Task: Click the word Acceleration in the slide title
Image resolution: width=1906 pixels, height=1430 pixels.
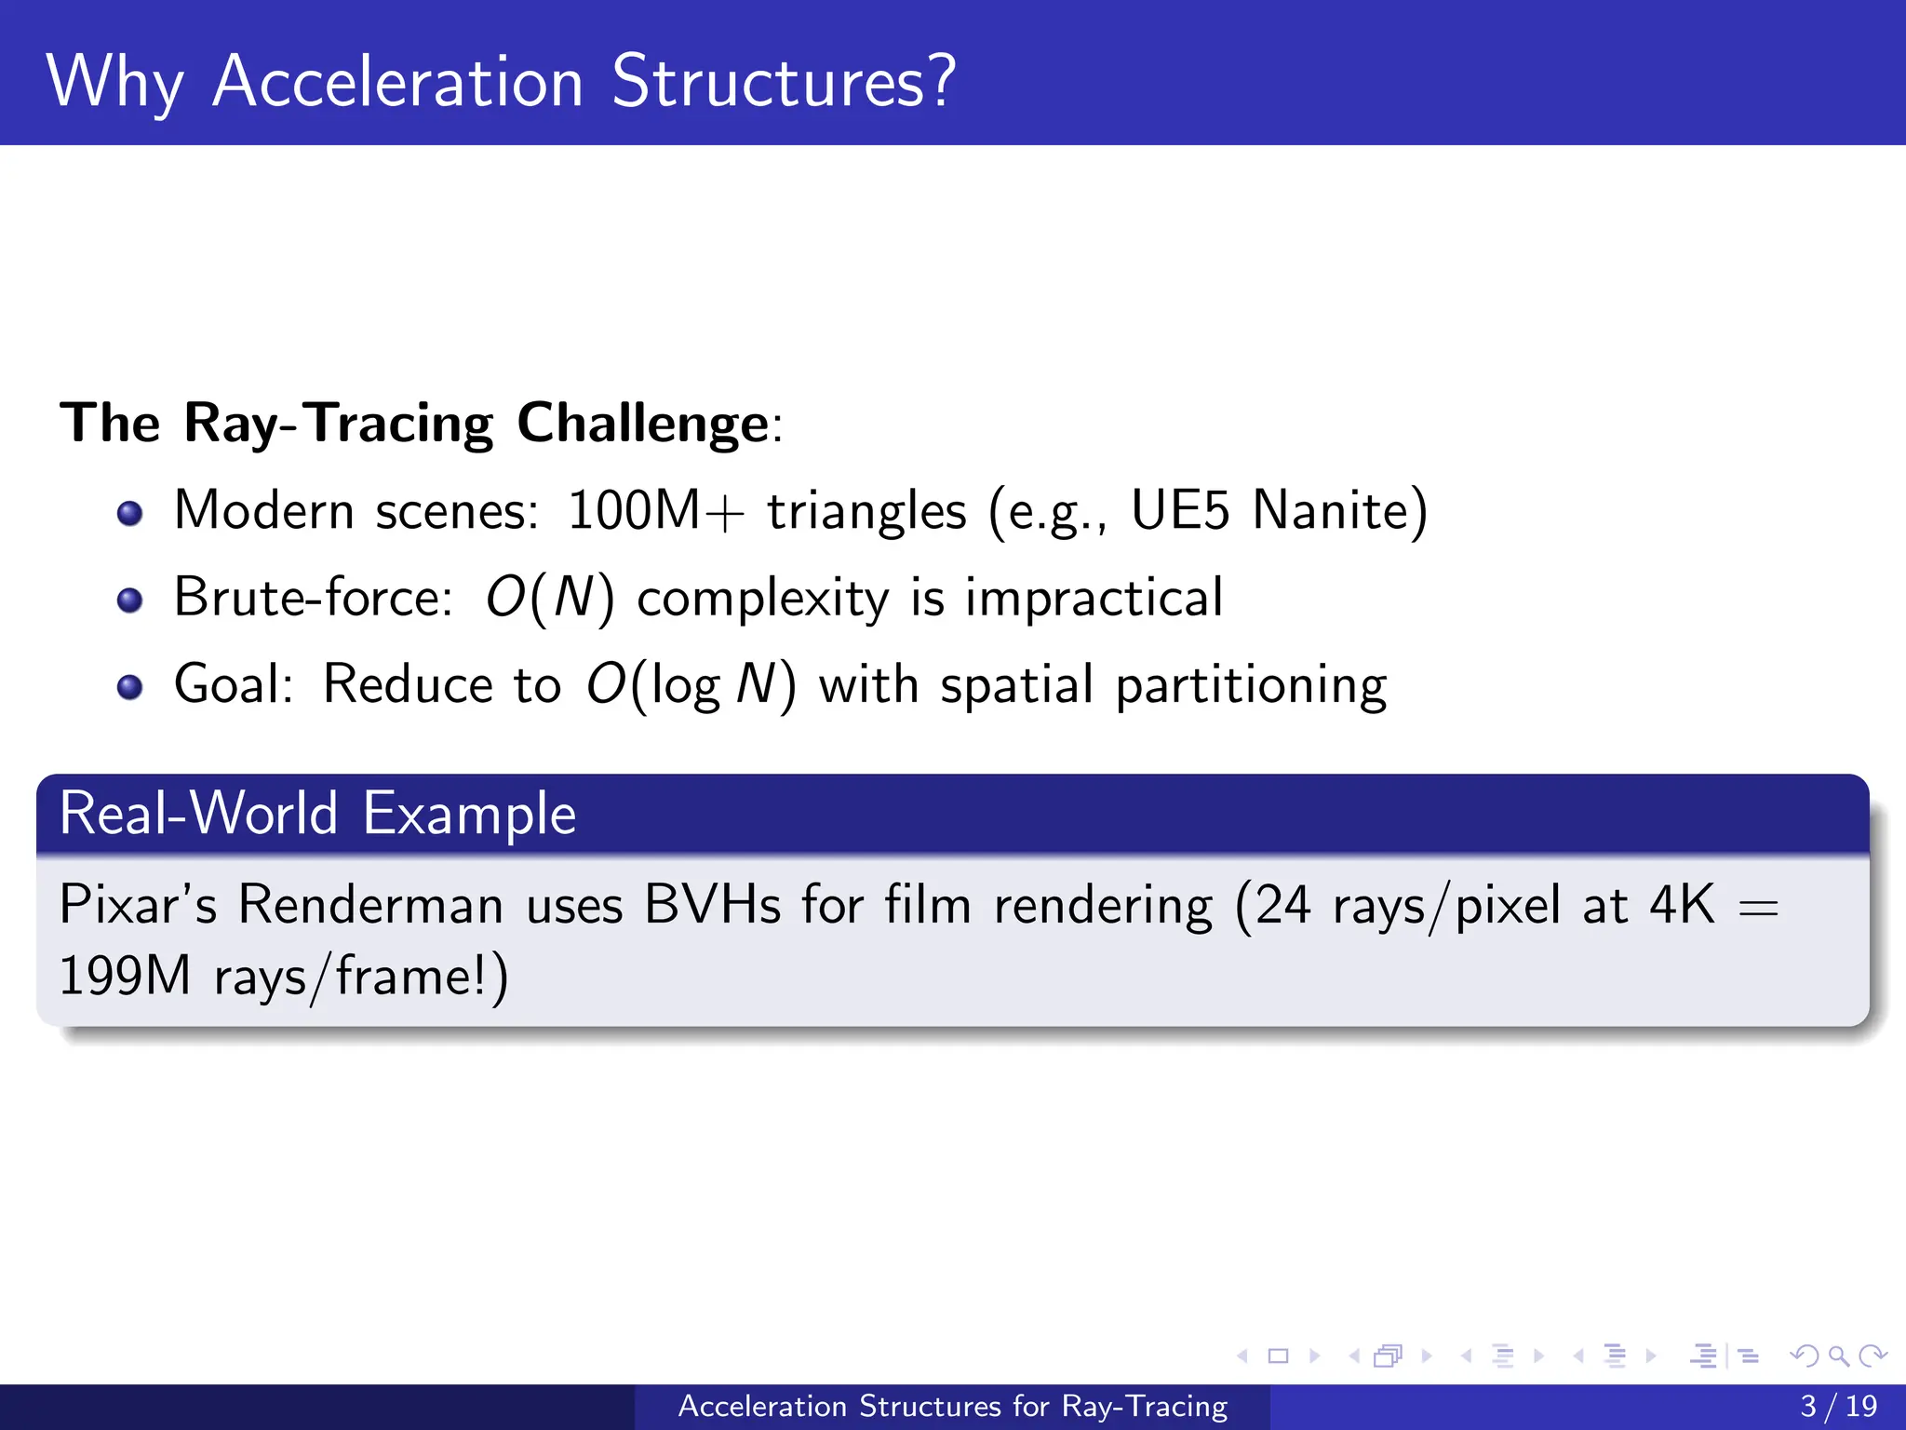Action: pos(397,82)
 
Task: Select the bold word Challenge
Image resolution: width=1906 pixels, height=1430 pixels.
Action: pos(642,424)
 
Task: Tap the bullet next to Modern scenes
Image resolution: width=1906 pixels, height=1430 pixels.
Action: pos(130,513)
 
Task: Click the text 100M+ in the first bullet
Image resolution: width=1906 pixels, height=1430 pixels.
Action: pos(655,510)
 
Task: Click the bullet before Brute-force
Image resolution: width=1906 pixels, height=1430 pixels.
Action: pos(130,600)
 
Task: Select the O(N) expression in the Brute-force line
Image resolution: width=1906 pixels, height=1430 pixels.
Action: pos(549,598)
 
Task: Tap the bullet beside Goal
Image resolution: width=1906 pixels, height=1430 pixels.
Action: pos(130,687)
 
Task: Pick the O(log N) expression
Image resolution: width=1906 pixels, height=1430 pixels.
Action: pos(691,685)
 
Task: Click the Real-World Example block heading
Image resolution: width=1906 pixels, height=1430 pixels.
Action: pos(317,814)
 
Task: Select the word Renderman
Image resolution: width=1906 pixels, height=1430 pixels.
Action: pos(369,904)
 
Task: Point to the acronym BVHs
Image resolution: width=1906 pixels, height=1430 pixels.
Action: pos(712,904)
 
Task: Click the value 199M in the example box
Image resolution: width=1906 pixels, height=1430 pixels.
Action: pos(125,977)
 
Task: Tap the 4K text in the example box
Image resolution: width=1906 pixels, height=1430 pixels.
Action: pos(1681,904)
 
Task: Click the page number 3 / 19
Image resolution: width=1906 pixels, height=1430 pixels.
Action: pos(1838,1406)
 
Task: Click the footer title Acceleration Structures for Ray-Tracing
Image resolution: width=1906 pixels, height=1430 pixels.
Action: pos(952,1406)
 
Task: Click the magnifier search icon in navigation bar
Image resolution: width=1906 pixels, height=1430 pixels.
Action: pos(1838,1356)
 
